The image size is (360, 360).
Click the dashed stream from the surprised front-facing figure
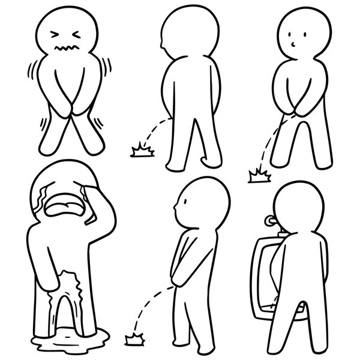tap(269, 141)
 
